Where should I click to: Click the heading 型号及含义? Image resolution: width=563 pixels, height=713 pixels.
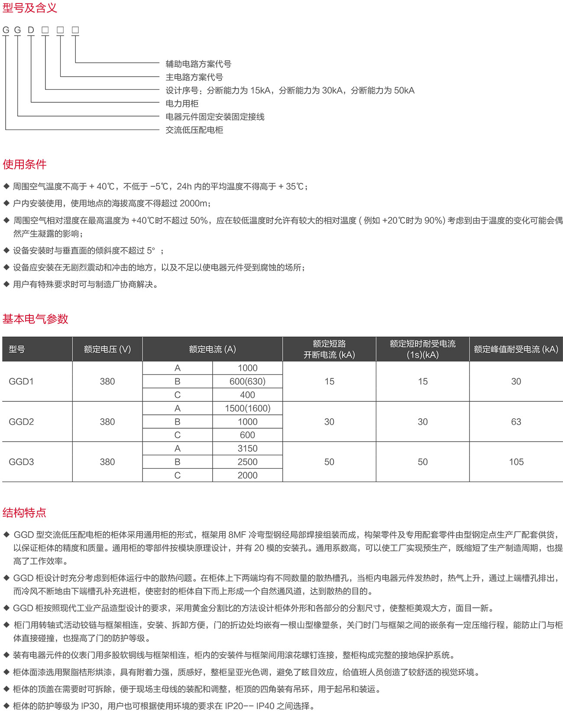tap(30, 8)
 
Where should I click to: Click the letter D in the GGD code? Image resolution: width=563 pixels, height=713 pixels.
tap(31, 30)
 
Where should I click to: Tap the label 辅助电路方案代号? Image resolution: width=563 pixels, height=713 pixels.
tap(198, 64)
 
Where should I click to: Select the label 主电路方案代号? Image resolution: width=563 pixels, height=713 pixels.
tap(194, 77)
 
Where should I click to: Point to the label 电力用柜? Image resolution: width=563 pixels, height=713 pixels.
tap(182, 104)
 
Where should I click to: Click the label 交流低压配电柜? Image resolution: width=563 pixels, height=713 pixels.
tap(194, 130)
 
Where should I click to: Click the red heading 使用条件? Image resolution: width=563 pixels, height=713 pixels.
tap(25, 164)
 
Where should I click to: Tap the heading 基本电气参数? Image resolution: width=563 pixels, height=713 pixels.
tap(36, 319)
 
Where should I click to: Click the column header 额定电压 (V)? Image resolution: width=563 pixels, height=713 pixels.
tap(107, 349)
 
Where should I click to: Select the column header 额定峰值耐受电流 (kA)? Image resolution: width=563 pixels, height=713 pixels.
tap(516, 349)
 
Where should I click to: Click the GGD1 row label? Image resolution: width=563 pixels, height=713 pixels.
tap(21, 381)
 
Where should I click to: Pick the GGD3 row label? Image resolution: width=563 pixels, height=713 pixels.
tap(21, 462)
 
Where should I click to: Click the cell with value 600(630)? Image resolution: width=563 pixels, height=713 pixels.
tap(247, 381)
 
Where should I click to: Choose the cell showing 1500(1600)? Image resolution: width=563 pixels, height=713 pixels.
tap(247, 408)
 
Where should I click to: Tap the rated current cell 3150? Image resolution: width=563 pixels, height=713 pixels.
tap(247, 449)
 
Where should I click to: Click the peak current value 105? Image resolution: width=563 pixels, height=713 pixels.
tap(516, 462)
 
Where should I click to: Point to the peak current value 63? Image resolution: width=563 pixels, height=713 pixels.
tap(516, 422)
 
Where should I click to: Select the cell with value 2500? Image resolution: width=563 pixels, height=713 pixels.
tap(247, 462)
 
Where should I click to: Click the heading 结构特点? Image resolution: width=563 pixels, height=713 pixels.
tap(24, 513)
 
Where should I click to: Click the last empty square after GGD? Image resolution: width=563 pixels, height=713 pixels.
tap(75, 30)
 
